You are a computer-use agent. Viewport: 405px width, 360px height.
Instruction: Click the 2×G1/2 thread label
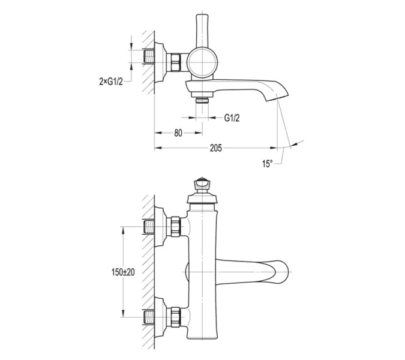pyautogui.click(x=111, y=82)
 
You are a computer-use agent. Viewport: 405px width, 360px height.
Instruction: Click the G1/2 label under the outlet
pyautogui.click(x=232, y=118)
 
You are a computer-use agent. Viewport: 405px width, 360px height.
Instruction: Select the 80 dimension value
pyautogui.click(x=178, y=133)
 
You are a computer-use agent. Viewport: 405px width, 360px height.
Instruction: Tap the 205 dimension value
pyautogui.click(x=215, y=148)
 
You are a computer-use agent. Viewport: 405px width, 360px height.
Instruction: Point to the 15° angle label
pyautogui.click(x=268, y=163)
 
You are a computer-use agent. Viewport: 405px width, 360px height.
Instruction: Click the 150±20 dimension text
pyautogui.click(x=123, y=272)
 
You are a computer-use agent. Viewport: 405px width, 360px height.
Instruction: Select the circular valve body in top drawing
pyautogui.click(x=202, y=62)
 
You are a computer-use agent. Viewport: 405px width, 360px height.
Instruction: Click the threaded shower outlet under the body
pyautogui.click(x=202, y=100)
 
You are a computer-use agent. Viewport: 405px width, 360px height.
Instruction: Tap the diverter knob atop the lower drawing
pyautogui.click(x=202, y=184)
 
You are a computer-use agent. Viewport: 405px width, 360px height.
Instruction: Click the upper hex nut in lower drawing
pyautogui.click(x=175, y=226)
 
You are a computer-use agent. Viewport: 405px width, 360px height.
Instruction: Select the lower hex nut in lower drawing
pyautogui.click(x=175, y=317)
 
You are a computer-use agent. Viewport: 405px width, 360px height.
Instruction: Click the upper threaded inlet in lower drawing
pyautogui.click(x=149, y=226)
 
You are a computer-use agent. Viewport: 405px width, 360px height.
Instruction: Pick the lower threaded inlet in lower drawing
pyautogui.click(x=149, y=317)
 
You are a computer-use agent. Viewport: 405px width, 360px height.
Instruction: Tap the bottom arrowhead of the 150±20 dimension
pyautogui.click(x=123, y=313)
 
